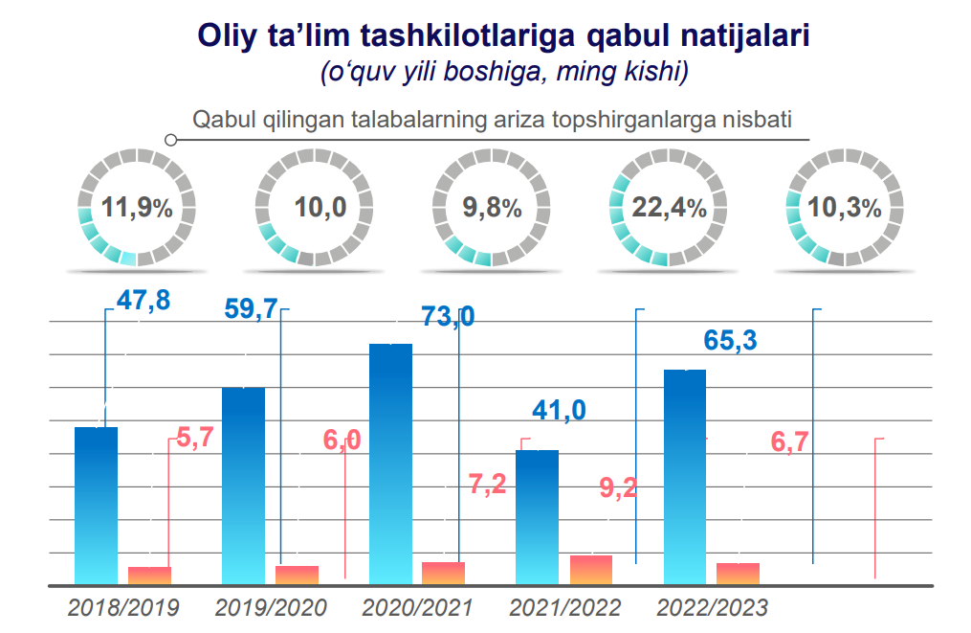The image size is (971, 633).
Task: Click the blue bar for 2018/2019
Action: (x=96, y=506)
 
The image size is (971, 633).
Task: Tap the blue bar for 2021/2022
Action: (x=537, y=517)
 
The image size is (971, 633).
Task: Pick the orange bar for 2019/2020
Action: (x=297, y=575)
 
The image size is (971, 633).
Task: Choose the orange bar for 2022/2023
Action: (x=738, y=573)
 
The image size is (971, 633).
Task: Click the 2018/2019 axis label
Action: (x=123, y=607)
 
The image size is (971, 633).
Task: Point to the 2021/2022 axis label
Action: (x=565, y=607)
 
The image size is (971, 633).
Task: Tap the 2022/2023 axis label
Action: (x=712, y=607)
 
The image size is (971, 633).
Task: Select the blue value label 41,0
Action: (x=560, y=410)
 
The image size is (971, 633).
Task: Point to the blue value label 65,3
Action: (x=728, y=340)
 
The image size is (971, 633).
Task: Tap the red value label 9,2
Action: (x=619, y=487)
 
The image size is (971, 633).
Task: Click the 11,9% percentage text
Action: (x=137, y=207)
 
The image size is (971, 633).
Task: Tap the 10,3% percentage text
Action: (x=845, y=207)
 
